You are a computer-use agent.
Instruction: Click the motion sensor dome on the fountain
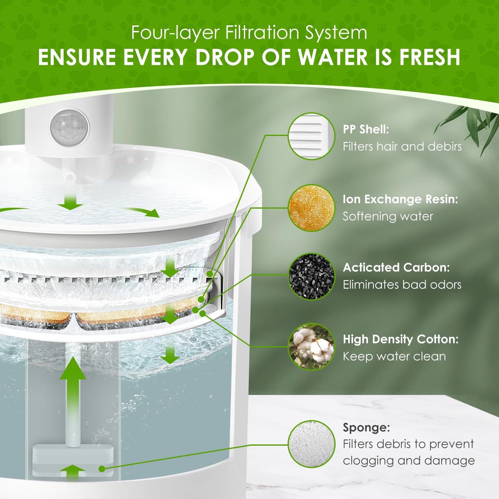point(70,127)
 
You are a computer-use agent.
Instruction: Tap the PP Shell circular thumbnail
point(311,136)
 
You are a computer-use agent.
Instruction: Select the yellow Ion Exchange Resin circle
point(311,208)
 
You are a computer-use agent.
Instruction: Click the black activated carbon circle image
point(311,277)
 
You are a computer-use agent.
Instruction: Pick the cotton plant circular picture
point(311,346)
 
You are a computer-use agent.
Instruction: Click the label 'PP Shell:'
point(366,129)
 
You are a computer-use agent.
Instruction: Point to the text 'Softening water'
point(388,216)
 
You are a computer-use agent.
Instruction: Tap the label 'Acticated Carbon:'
point(396,267)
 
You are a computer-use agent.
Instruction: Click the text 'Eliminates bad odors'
point(402,284)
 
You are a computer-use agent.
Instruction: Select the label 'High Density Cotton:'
point(401,339)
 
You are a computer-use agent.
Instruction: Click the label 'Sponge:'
point(366,428)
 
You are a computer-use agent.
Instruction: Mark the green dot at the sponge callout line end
point(101,468)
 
